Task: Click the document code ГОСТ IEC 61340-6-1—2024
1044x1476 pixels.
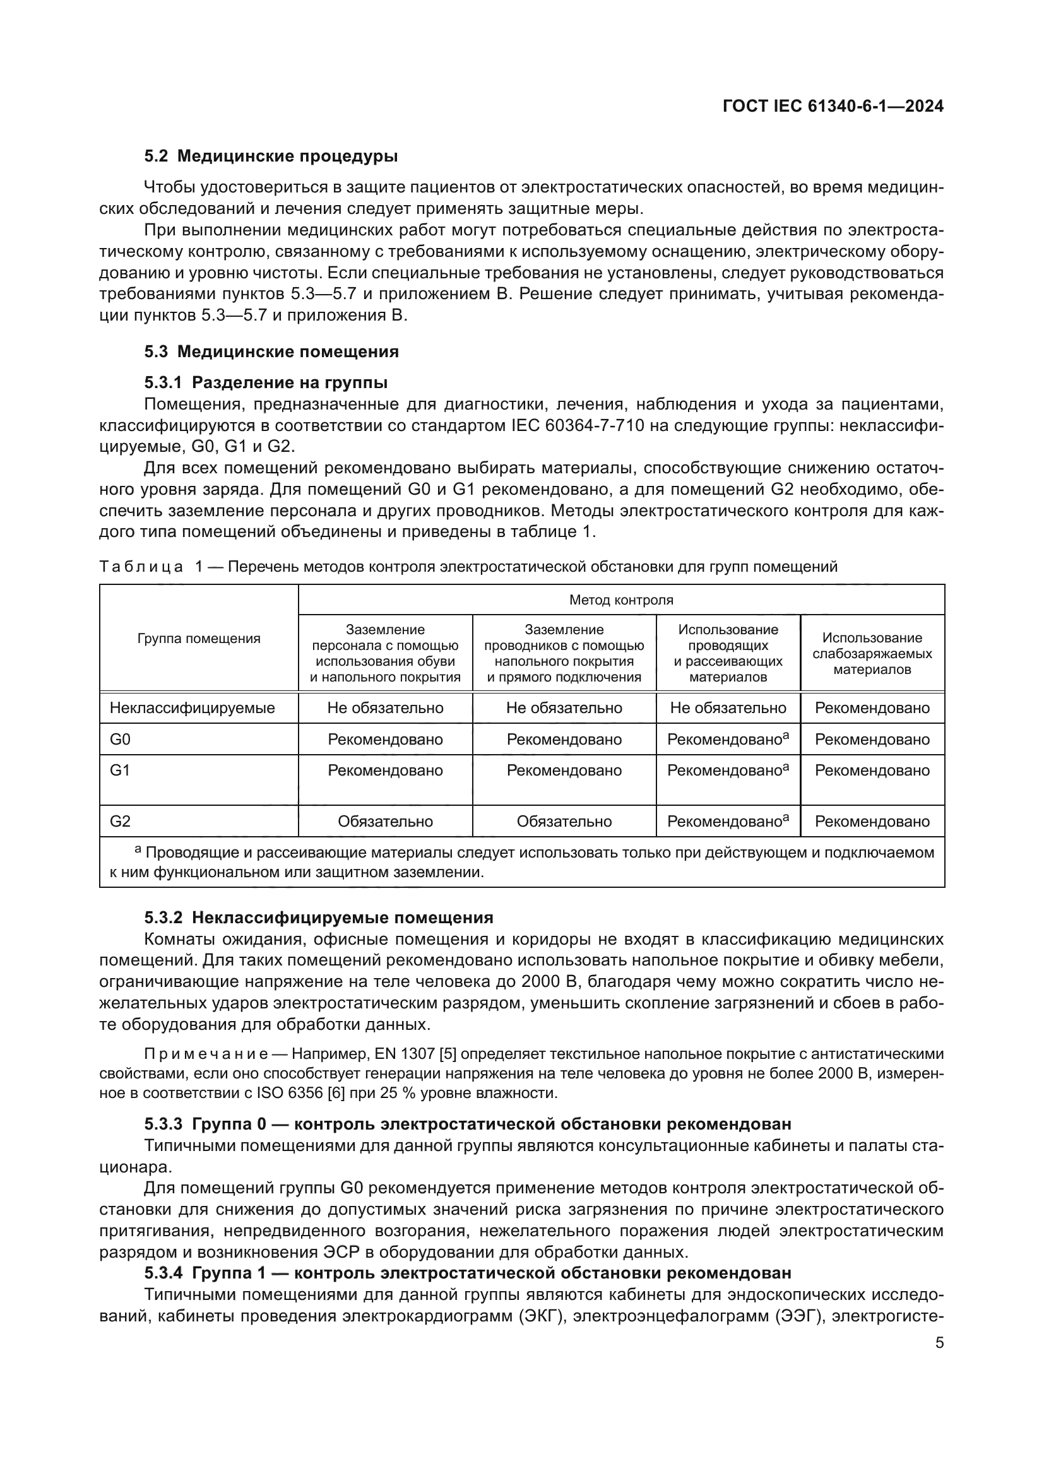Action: tap(833, 107)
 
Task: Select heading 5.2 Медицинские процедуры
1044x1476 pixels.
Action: tap(271, 156)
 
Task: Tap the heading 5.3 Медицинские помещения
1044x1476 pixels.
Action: tap(271, 351)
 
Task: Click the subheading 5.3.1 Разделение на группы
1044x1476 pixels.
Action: tap(266, 383)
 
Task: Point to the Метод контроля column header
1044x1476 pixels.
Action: tap(621, 599)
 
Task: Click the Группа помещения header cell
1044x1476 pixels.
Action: tap(199, 639)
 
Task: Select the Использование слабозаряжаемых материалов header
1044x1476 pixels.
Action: tap(872, 653)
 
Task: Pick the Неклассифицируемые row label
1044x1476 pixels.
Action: tap(193, 708)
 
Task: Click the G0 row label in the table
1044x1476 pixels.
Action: tap(120, 740)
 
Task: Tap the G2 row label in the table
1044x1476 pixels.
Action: tap(120, 821)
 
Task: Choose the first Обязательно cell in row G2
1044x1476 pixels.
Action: tap(385, 822)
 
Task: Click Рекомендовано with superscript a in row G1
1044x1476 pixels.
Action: tap(728, 770)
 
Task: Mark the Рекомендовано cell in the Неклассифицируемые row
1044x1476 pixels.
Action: tap(872, 708)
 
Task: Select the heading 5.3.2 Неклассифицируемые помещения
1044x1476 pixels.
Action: tap(319, 918)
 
